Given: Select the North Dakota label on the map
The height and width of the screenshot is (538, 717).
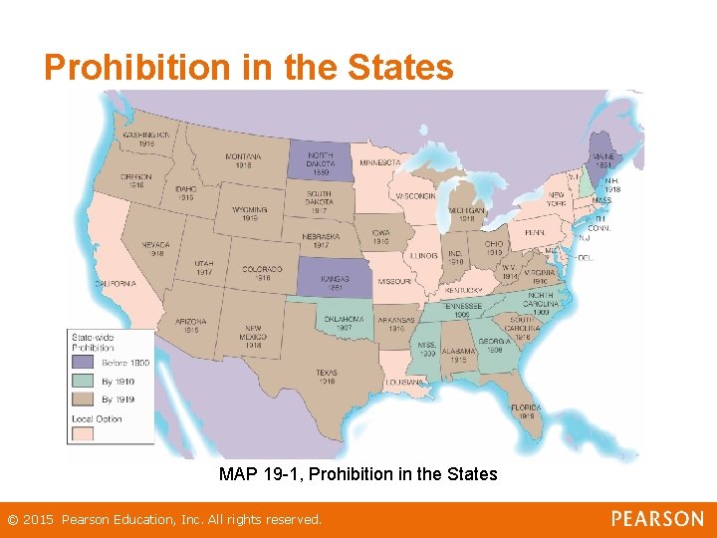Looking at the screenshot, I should (322, 159).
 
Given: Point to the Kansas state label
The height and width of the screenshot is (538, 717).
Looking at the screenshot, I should (335, 278).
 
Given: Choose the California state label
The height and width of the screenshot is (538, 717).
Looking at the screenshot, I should (116, 284).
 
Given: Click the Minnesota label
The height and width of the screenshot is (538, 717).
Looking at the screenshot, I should (379, 162).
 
